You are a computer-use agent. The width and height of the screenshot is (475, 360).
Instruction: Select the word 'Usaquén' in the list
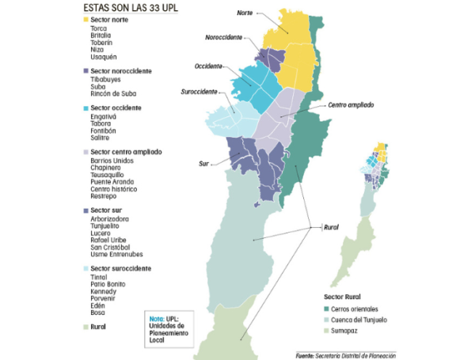(x=104, y=57)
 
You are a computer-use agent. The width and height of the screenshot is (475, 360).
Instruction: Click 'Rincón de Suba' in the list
(x=113, y=94)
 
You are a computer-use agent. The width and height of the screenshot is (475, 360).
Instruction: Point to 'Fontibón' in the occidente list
(x=104, y=131)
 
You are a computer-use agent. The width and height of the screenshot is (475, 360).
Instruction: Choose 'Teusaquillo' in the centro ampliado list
(x=108, y=175)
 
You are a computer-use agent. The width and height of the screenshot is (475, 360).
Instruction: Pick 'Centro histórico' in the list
(x=114, y=189)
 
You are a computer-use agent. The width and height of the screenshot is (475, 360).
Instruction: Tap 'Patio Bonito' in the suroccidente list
(x=108, y=284)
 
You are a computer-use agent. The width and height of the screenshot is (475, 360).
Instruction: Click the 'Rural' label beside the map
(x=332, y=227)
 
